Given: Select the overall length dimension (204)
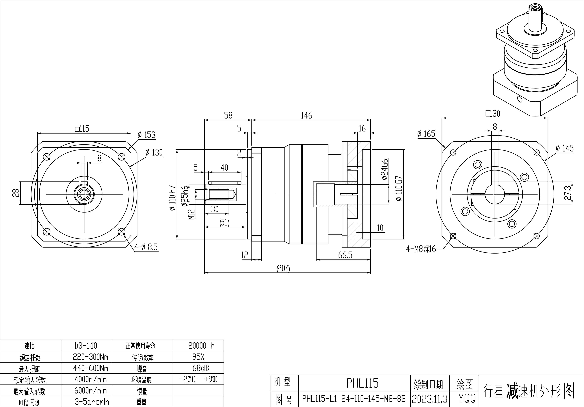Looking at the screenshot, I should click(x=283, y=268).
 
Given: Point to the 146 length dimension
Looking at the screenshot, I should click(x=306, y=116).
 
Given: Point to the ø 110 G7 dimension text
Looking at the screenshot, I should click(x=399, y=188).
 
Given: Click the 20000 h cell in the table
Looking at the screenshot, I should click(x=201, y=345).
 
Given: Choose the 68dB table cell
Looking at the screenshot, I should click(x=201, y=368).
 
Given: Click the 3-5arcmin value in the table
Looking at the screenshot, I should click(x=92, y=402).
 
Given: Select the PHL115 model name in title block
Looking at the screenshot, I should click(x=362, y=383).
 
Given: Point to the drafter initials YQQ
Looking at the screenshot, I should click(x=467, y=398).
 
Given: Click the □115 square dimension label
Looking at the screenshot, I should click(x=82, y=129).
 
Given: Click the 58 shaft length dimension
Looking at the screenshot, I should click(x=228, y=116).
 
